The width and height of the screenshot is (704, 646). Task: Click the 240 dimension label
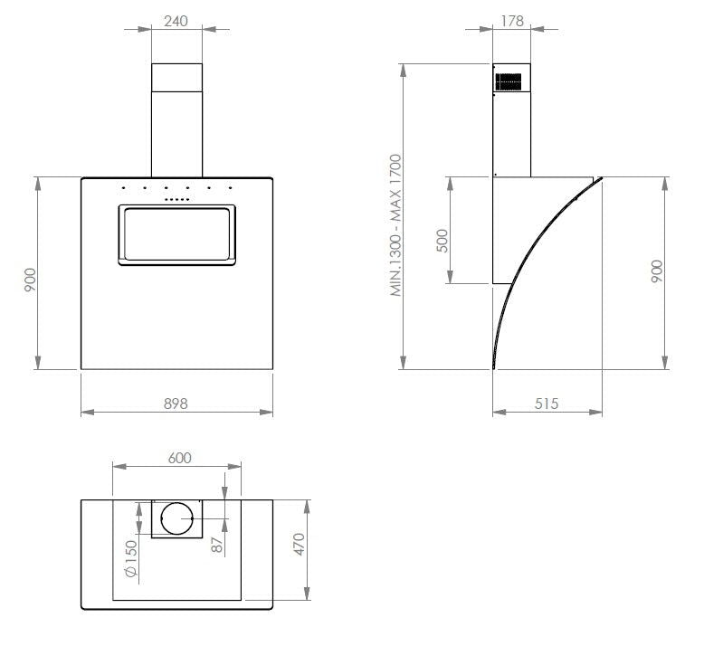[176, 21]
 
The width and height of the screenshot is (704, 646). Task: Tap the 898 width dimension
[176, 404]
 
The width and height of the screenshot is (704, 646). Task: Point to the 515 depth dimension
[547, 404]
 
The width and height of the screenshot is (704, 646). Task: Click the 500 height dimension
[442, 242]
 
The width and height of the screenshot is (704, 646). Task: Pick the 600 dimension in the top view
[179, 458]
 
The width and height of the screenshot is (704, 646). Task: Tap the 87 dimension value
[216, 546]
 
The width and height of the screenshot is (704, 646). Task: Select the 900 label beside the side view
[657, 272]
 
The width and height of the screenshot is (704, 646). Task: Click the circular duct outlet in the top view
[176, 518]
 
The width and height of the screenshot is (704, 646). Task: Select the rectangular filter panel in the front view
[176, 233]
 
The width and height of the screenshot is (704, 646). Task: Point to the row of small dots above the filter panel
[176, 199]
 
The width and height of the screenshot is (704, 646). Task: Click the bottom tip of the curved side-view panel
[493, 367]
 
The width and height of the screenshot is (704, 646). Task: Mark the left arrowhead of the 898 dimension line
[84, 413]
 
